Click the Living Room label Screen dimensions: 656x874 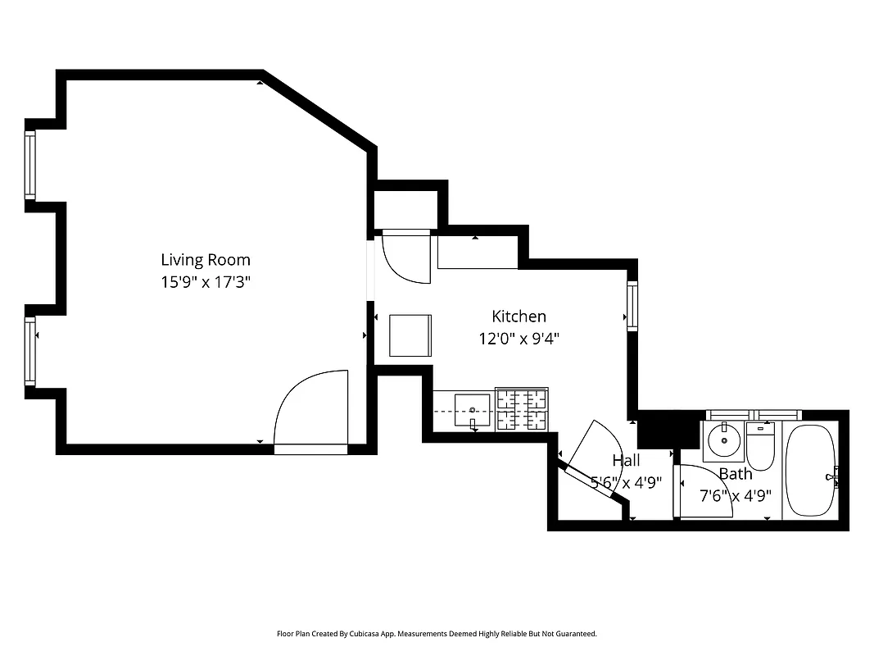[x=205, y=260]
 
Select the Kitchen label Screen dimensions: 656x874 [x=519, y=316]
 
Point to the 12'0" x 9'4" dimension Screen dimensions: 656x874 [x=519, y=337]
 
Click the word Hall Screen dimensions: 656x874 [x=626, y=461]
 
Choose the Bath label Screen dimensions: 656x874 [x=735, y=474]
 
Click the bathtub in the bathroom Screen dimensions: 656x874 [x=810, y=471]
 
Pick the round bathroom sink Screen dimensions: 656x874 [x=723, y=441]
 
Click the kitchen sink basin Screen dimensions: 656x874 [x=472, y=408]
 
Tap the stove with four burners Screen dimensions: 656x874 [x=521, y=409]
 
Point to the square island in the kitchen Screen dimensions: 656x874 [x=410, y=335]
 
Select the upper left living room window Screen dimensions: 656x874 [x=30, y=164]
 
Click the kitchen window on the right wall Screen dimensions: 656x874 [x=632, y=306]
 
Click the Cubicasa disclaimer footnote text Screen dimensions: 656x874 [x=437, y=634]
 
